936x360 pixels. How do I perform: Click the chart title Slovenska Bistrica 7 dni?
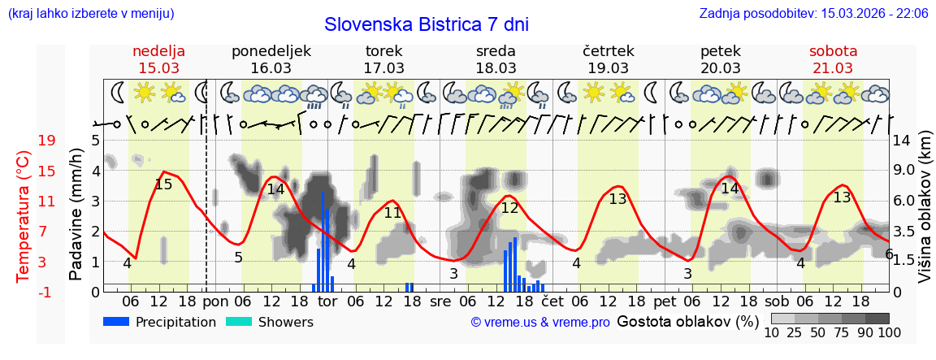(x=426, y=24)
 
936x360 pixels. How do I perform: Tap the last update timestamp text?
(x=813, y=13)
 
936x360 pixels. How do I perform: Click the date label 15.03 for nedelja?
(x=158, y=68)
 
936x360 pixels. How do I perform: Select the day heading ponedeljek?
(x=271, y=51)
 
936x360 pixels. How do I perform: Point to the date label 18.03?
(x=496, y=68)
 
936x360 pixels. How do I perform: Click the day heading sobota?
(x=833, y=51)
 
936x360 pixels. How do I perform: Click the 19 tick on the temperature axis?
(x=46, y=141)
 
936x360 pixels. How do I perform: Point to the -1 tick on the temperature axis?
(x=46, y=292)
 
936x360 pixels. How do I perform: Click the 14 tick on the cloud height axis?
(x=903, y=141)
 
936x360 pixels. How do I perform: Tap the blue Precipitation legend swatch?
(x=116, y=322)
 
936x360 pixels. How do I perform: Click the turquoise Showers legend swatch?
(x=238, y=322)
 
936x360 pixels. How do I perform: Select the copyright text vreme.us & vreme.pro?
(x=540, y=323)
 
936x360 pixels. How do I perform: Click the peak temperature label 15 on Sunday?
(x=163, y=184)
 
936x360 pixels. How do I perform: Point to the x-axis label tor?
(x=327, y=301)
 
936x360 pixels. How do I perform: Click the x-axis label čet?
(x=552, y=301)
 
